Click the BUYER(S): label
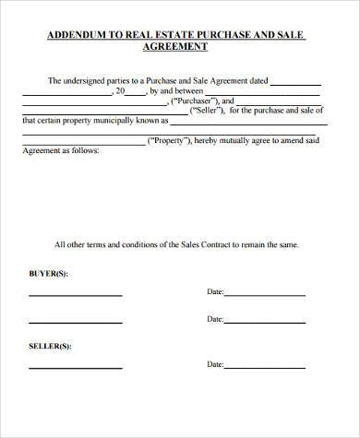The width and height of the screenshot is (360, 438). (48, 274)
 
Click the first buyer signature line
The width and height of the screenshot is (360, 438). (75, 295)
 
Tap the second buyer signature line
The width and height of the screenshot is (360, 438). (75, 324)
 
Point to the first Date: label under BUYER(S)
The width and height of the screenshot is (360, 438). (215, 292)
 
